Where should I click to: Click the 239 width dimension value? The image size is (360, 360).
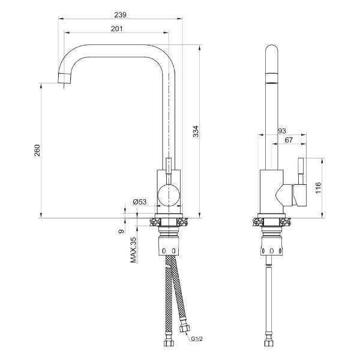tap(121, 15)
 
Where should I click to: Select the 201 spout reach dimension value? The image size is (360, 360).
tap(116, 29)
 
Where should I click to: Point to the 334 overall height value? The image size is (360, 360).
tap(196, 131)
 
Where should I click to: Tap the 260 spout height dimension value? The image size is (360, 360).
tap(37, 151)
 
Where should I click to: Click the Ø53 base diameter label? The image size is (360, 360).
tap(140, 202)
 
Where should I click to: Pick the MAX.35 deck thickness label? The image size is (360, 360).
tap(133, 250)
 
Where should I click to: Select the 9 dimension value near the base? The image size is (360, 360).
tap(121, 231)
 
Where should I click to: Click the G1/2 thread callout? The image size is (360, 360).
tap(197, 338)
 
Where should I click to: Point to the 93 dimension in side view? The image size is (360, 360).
tap(282, 131)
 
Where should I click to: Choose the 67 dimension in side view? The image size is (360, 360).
tap(289, 140)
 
